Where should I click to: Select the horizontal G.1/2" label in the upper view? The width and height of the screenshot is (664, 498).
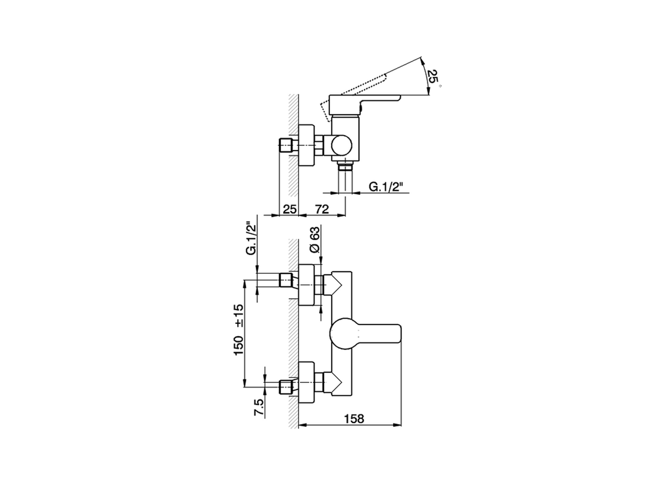point(386,187)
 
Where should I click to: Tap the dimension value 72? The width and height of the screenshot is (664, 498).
point(322,209)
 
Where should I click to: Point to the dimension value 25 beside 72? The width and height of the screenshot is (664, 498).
point(289,209)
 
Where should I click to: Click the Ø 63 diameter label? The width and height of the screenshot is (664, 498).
point(314,243)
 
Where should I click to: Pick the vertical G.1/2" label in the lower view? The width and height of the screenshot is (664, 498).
point(251,239)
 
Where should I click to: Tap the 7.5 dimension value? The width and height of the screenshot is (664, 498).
point(259,407)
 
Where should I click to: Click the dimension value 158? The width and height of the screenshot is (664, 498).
point(354,419)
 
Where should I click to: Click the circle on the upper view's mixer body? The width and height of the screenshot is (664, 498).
point(341,145)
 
